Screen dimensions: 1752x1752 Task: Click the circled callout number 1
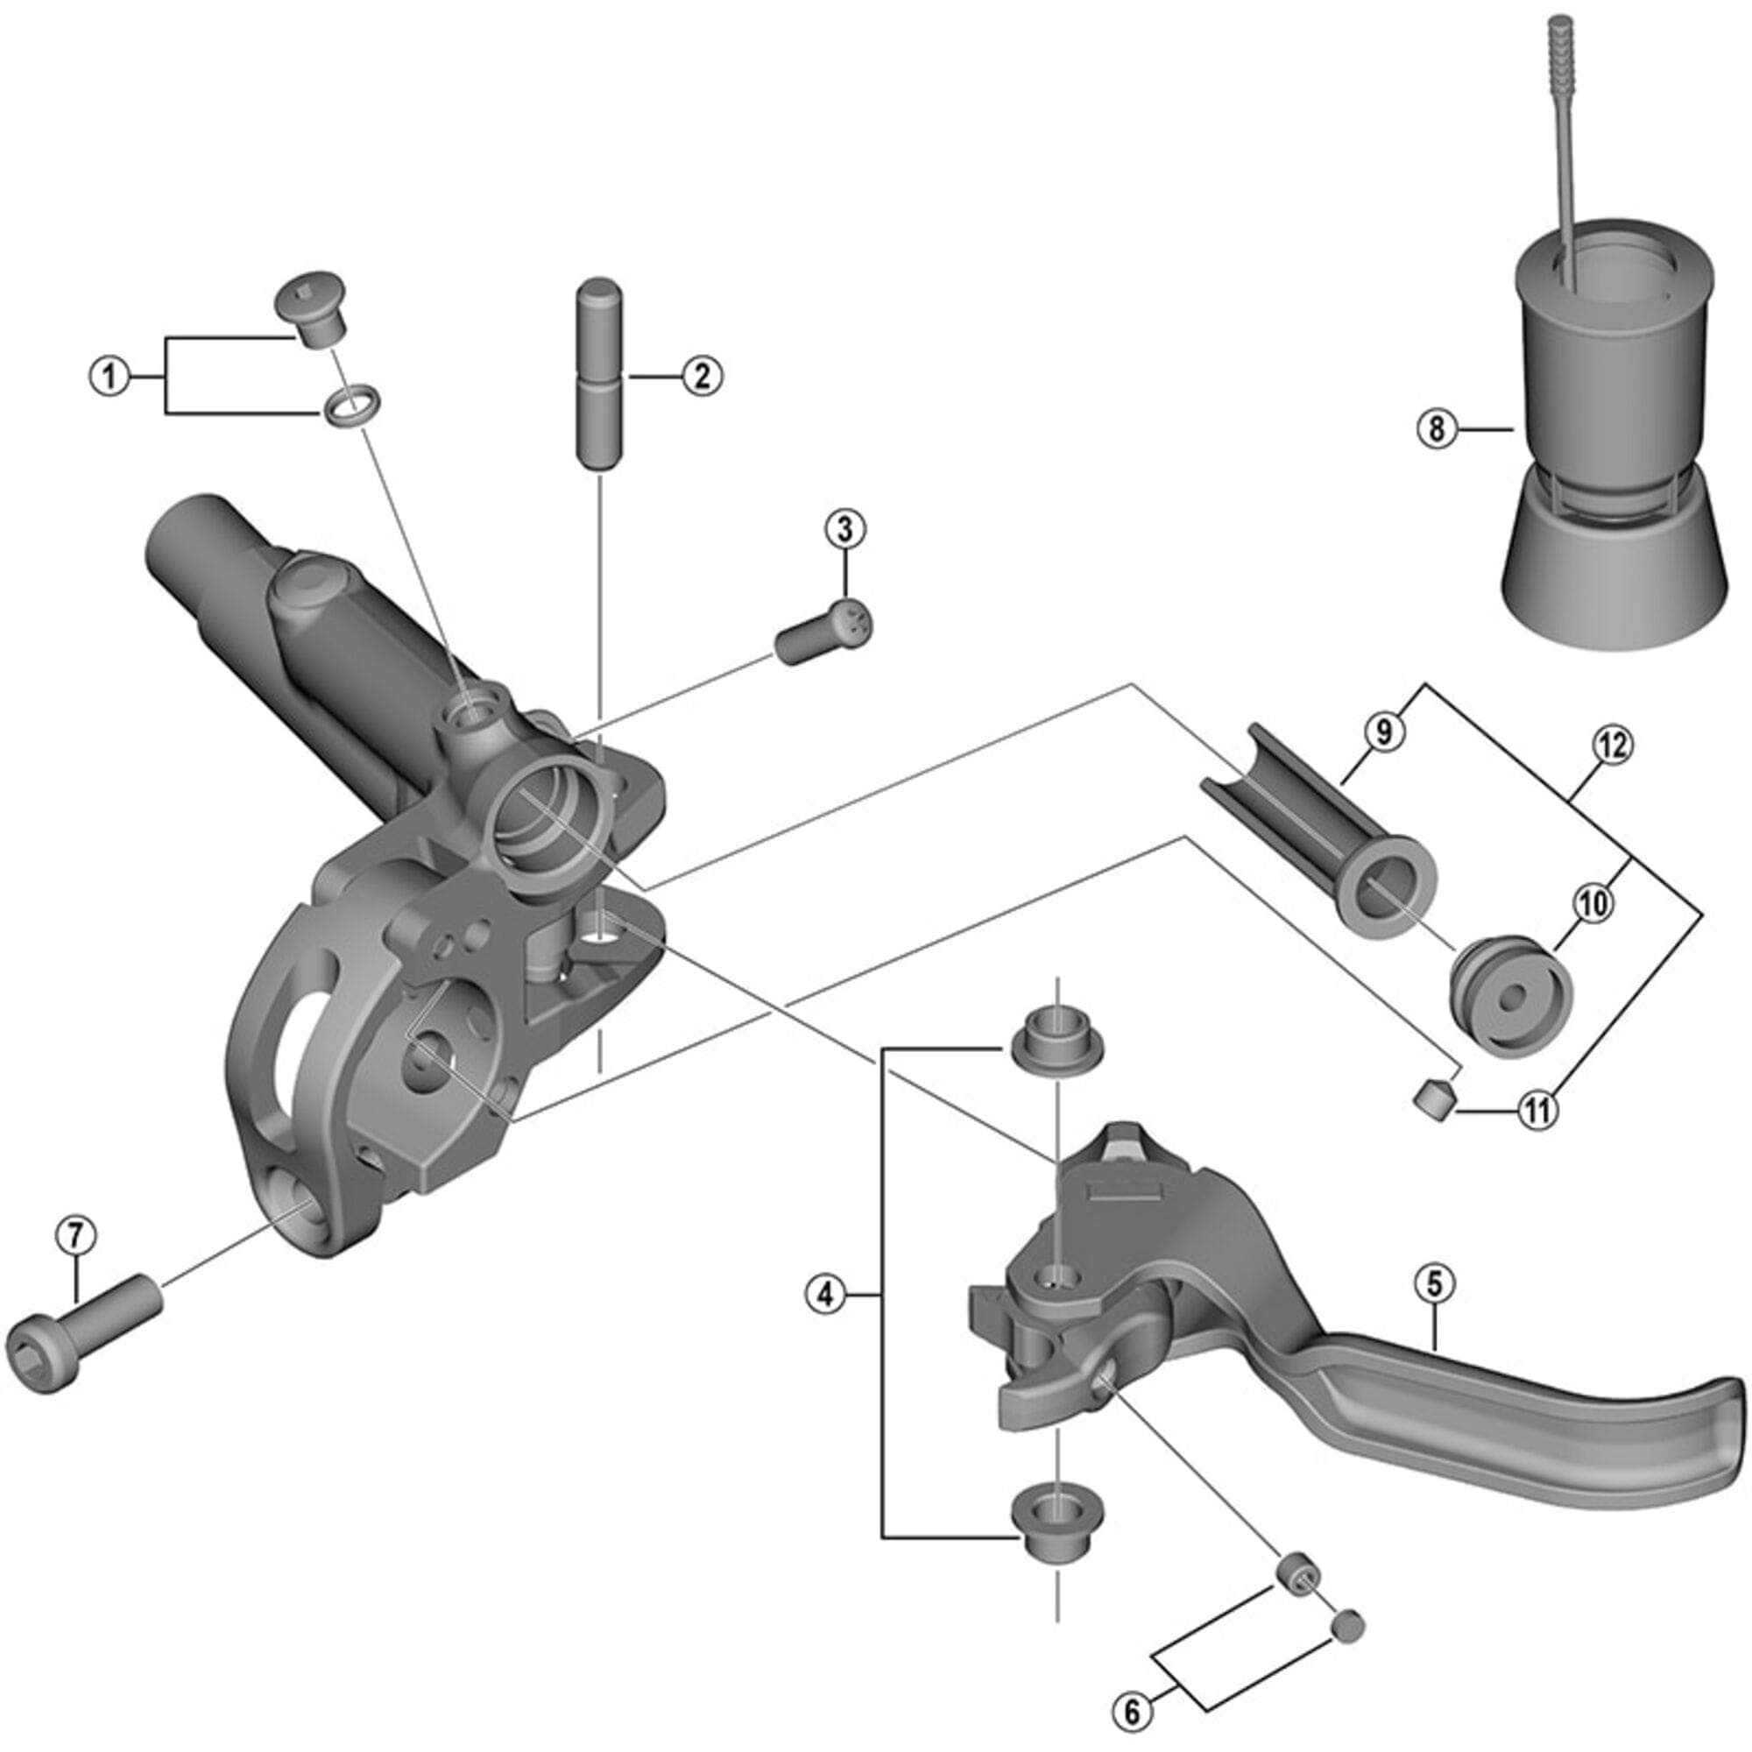(109, 376)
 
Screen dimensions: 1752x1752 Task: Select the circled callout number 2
(702, 376)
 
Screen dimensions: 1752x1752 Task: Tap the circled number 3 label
(845, 529)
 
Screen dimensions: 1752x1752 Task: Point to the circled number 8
(1438, 429)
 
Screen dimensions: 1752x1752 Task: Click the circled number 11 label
(1538, 1110)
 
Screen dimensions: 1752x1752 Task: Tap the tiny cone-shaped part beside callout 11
(1434, 1099)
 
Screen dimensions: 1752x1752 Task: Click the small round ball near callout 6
(1347, 1623)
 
